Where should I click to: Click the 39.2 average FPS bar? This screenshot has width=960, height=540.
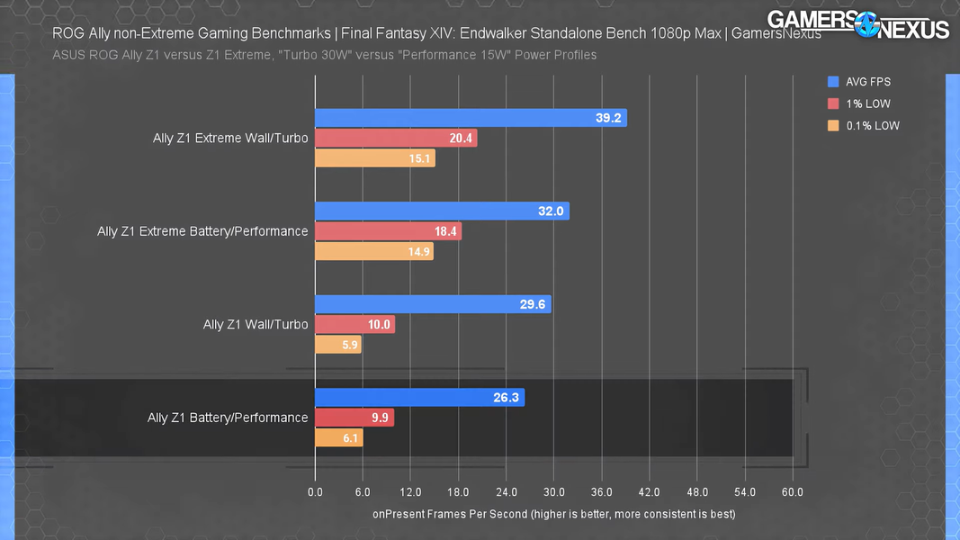471,118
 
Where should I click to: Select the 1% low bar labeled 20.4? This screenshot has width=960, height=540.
396,139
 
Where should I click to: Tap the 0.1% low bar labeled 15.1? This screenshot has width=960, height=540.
374,159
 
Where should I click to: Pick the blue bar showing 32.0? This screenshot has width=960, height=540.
442,211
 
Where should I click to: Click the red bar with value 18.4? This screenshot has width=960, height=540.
388,231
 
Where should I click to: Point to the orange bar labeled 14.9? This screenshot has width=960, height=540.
373,252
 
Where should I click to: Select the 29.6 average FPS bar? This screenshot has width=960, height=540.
433,304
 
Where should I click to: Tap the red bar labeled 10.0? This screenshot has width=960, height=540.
354,324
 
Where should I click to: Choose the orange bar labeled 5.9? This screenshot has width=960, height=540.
337,345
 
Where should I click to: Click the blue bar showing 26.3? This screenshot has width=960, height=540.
419,398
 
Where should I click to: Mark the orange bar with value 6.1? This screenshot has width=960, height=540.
338,438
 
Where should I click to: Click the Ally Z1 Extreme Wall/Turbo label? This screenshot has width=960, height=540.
230,139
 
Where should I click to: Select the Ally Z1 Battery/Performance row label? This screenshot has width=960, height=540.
228,418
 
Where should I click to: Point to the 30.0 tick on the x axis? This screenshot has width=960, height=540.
553,492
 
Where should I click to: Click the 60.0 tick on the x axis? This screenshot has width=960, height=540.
793,492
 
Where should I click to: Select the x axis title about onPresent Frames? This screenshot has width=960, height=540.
553,514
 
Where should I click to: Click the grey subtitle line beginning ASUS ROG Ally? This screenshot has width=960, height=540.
325,55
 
